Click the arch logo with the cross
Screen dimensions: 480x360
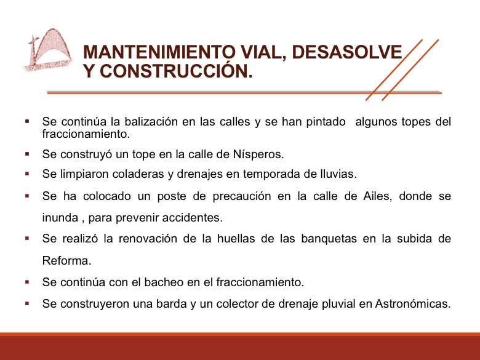pos(48,50)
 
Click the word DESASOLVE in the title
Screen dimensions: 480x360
pos(347,52)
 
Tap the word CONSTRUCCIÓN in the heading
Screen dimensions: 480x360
pos(177,71)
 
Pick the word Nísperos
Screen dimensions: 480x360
pos(258,154)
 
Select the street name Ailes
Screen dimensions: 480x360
pos(377,196)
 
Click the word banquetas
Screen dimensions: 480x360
pos(329,239)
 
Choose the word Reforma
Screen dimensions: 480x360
pos(66,261)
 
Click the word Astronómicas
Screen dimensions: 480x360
pos(413,304)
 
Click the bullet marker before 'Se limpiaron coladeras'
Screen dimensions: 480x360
pos(27,174)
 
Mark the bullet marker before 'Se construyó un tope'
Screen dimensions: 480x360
pos(27,154)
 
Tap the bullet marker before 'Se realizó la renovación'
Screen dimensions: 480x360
pos(27,238)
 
